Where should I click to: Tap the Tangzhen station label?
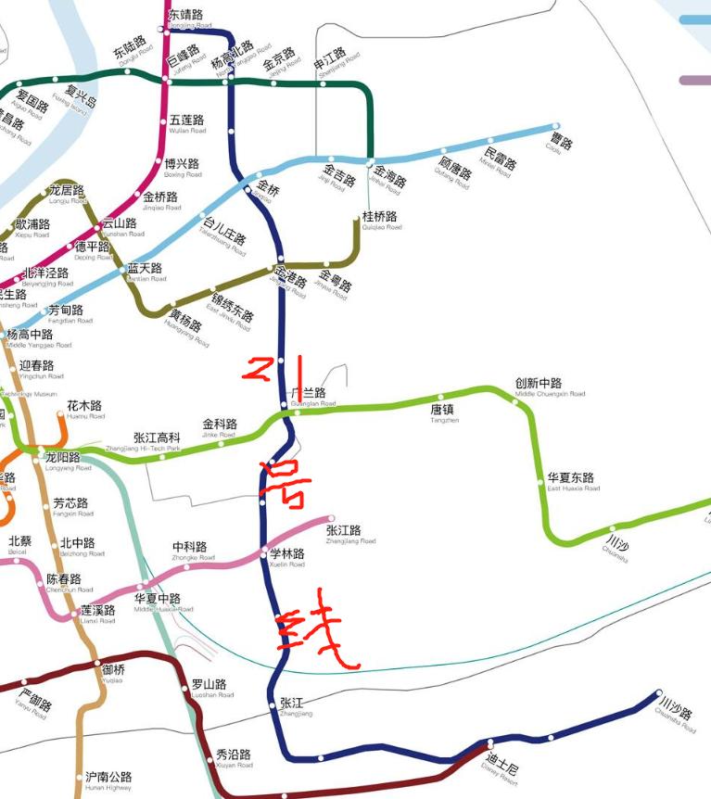click(x=444, y=412)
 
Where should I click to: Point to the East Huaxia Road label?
click(x=573, y=482)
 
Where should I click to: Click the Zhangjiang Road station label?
click(x=350, y=534)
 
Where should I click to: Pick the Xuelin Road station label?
click(x=287, y=557)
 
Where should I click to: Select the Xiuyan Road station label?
click(x=234, y=758)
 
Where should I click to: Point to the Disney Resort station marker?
click(x=489, y=743)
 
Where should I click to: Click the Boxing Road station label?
click(x=183, y=168)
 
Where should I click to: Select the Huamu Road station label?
click(x=85, y=411)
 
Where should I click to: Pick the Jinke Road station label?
click(x=220, y=428)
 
